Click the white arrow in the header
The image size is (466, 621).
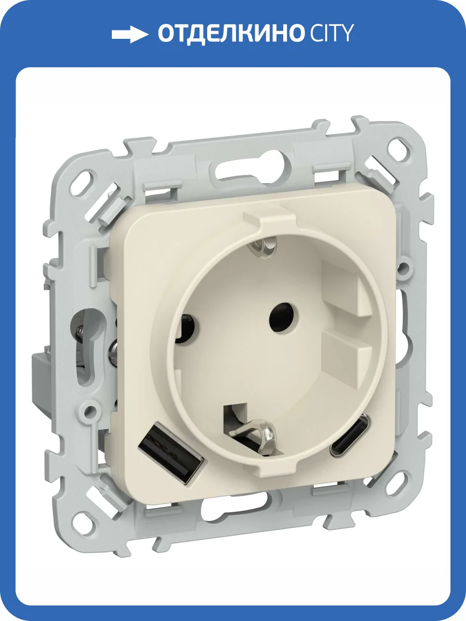130,35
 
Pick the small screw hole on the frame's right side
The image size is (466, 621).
404,269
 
